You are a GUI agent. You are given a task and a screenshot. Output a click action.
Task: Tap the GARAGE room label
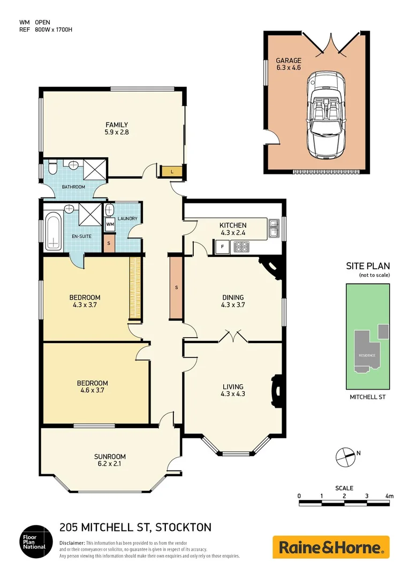[x=289, y=60]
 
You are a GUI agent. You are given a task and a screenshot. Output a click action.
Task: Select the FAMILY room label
[x=117, y=125]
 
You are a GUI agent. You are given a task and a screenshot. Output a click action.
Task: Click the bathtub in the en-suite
[x=52, y=231]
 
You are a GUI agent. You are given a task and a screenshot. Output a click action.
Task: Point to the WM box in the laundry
[x=110, y=224]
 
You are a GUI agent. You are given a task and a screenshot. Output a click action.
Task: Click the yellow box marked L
[x=171, y=171]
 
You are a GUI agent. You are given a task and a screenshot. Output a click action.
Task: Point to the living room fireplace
[x=276, y=386]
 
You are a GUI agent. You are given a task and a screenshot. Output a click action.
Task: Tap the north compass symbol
[x=345, y=456]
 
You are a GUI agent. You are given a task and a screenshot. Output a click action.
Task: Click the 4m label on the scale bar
[x=389, y=496]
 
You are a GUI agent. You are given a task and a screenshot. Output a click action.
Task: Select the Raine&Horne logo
[x=331, y=547]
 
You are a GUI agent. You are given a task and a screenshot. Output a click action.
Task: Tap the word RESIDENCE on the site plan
[x=367, y=355]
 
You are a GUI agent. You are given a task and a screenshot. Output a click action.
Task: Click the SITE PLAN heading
[x=367, y=266]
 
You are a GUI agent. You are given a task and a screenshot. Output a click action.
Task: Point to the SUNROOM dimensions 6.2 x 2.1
[x=110, y=465]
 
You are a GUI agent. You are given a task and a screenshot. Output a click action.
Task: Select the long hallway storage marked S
[x=176, y=287]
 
